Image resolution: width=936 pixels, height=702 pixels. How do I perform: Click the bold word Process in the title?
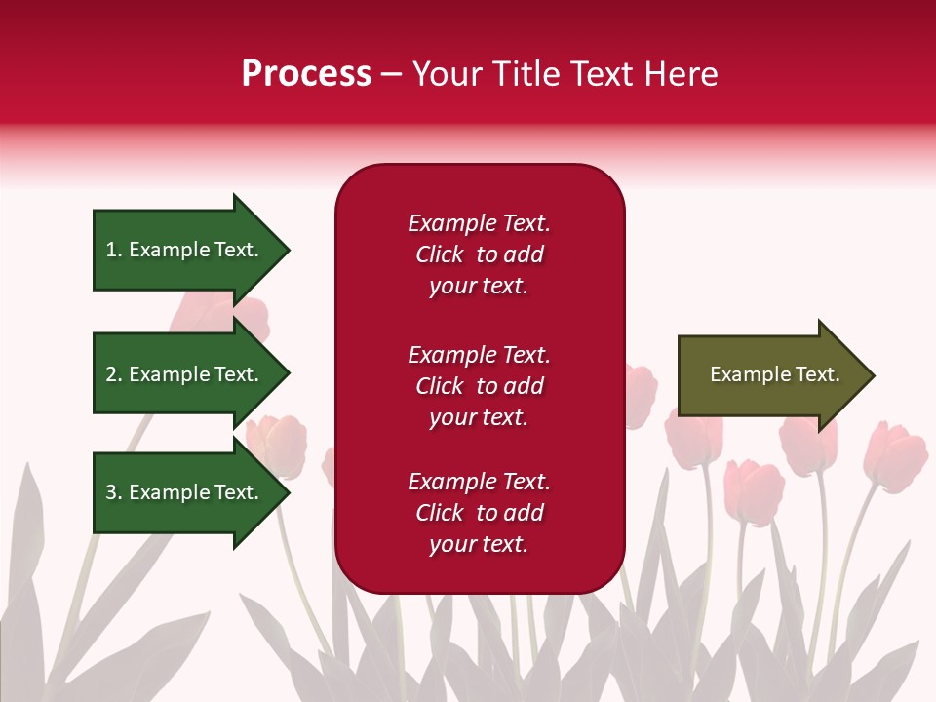(306, 74)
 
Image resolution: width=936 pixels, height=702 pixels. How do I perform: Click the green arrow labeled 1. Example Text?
(182, 250)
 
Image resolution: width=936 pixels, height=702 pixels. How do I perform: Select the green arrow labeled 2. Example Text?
(182, 374)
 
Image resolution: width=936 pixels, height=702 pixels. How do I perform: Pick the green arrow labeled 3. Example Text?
(182, 492)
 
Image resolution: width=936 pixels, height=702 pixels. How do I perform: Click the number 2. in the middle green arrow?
(114, 374)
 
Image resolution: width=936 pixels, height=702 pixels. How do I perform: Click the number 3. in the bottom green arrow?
(114, 492)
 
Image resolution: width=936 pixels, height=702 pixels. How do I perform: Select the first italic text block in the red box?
(479, 254)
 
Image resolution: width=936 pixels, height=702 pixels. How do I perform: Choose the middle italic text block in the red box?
(479, 386)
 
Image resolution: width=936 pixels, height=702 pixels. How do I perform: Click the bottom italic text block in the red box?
(479, 513)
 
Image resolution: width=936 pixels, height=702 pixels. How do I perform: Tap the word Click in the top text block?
(440, 254)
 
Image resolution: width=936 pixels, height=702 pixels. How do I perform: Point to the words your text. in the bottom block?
(479, 544)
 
